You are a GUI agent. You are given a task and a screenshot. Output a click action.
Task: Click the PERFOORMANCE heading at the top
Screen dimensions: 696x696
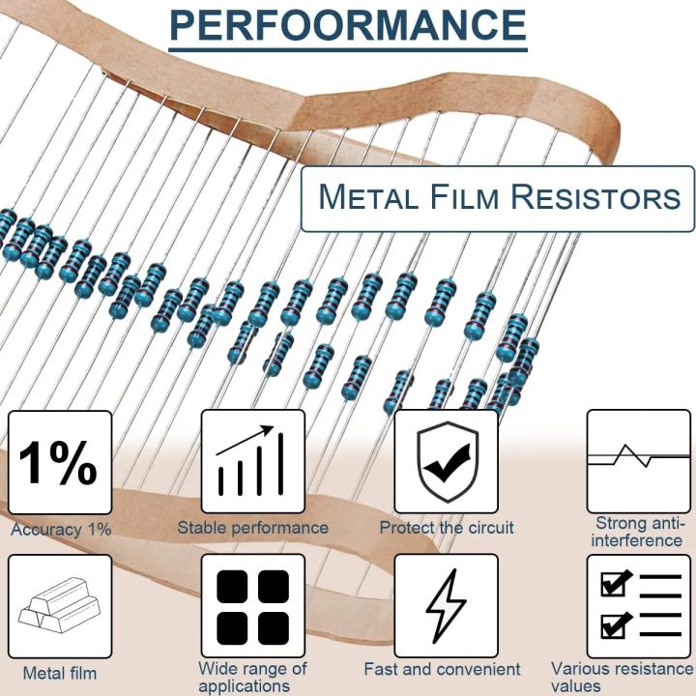[x=348, y=26]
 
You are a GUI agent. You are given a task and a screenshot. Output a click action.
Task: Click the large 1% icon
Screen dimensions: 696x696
[x=59, y=462]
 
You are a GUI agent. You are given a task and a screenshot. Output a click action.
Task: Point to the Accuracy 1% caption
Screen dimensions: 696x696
[x=61, y=530]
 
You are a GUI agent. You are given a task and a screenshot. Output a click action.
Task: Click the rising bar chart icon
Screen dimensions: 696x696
[x=252, y=462]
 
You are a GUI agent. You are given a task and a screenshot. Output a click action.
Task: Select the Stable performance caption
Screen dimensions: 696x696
[x=252, y=528]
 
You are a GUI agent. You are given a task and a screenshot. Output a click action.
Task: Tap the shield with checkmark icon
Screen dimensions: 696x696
[x=446, y=462]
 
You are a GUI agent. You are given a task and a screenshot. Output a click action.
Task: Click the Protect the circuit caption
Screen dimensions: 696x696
[x=446, y=528]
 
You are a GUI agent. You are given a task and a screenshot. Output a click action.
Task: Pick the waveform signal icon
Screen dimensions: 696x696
[x=638, y=460]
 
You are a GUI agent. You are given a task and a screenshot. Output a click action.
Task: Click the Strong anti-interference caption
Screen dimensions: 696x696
[x=637, y=532]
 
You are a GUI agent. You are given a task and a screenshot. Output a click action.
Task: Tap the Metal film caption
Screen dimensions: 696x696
[x=60, y=673]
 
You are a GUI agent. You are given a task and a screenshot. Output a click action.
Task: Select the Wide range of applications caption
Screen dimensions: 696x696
[x=252, y=677]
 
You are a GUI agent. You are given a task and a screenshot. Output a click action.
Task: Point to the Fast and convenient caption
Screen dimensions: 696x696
[x=442, y=669]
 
